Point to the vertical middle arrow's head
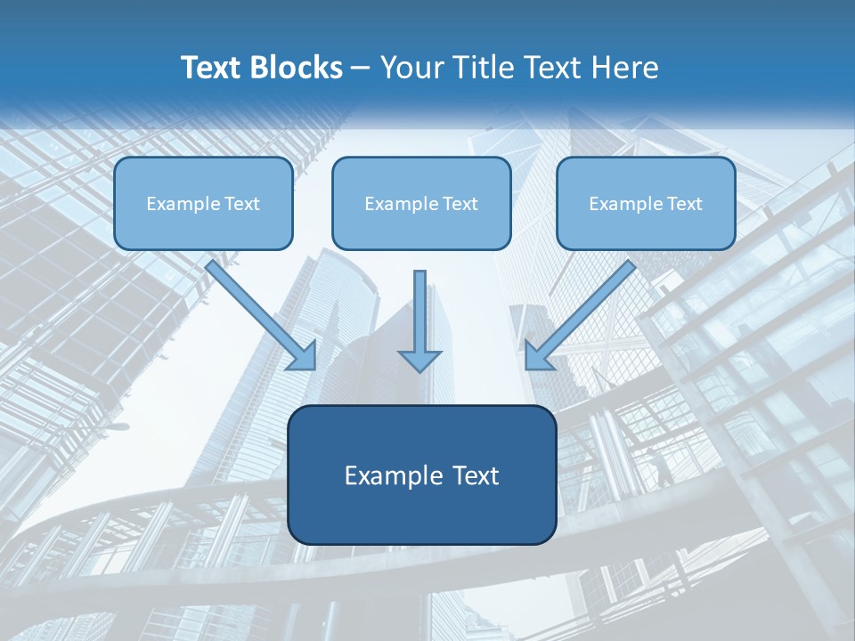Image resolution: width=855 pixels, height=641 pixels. (x=419, y=361)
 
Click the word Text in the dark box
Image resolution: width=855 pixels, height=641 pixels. (x=475, y=475)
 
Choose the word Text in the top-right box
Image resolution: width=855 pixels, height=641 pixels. (x=685, y=204)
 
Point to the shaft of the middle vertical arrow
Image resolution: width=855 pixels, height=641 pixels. (x=419, y=307)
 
